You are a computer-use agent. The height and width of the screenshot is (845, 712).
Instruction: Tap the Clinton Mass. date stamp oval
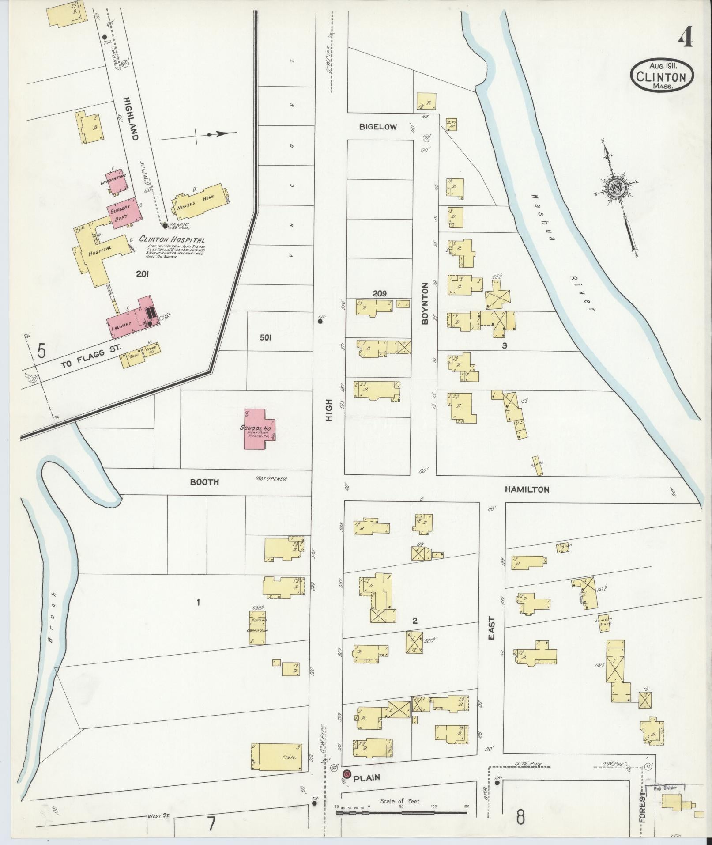(661, 76)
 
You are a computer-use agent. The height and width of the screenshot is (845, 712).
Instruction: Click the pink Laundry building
(131, 320)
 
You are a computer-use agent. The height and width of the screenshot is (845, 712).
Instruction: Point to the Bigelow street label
(378, 127)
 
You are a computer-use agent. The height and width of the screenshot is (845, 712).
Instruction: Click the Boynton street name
(426, 304)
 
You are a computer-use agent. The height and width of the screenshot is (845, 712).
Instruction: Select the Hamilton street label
(527, 489)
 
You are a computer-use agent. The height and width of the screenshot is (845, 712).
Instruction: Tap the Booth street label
(204, 482)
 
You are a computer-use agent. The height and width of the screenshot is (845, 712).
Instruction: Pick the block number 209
(379, 293)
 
